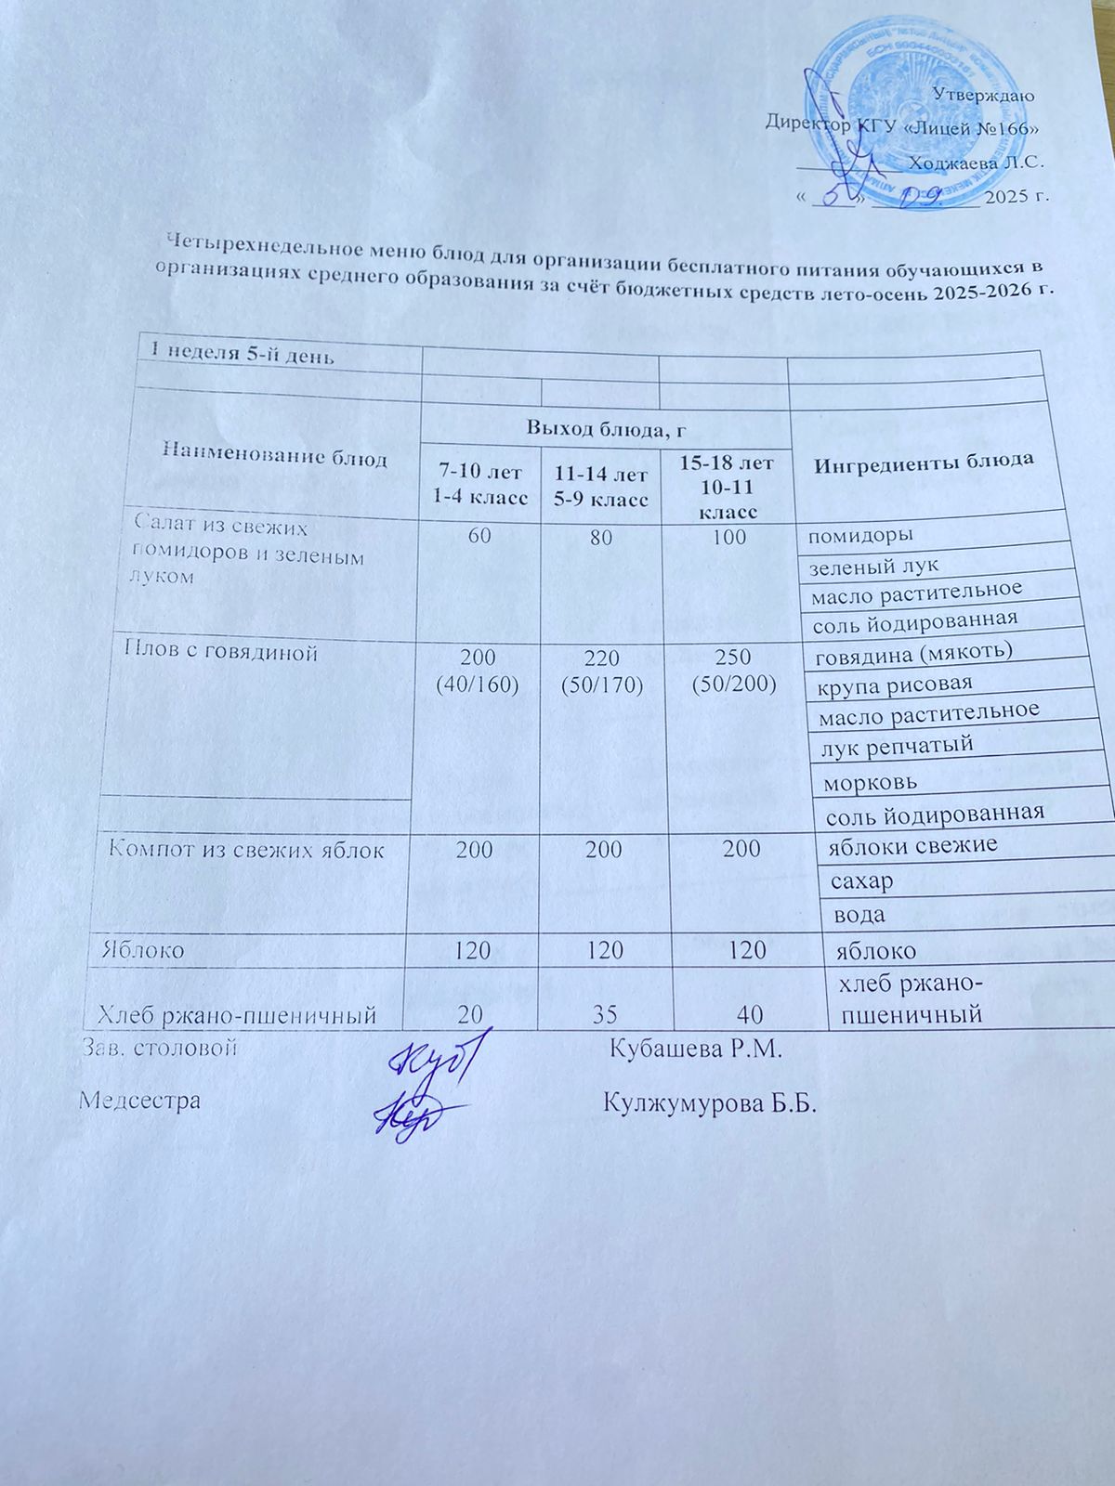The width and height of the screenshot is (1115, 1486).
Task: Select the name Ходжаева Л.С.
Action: pyautogui.click(x=976, y=162)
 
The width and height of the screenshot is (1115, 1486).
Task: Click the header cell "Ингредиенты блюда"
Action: pyautogui.click(x=925, y=462)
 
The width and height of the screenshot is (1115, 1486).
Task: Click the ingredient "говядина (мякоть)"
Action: pyautogui.click(x=913, y=654)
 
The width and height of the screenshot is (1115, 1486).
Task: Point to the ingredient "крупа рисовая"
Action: pyautogui.click(x=894, y=684)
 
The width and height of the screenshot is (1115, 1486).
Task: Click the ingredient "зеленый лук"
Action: pyautogui.click(x=874, y=565)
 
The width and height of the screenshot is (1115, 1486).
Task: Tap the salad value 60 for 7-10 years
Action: pyautogui.click(x=479, y=537)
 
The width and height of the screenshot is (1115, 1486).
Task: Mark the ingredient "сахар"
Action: pyautogui.click(x=863, y=879)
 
